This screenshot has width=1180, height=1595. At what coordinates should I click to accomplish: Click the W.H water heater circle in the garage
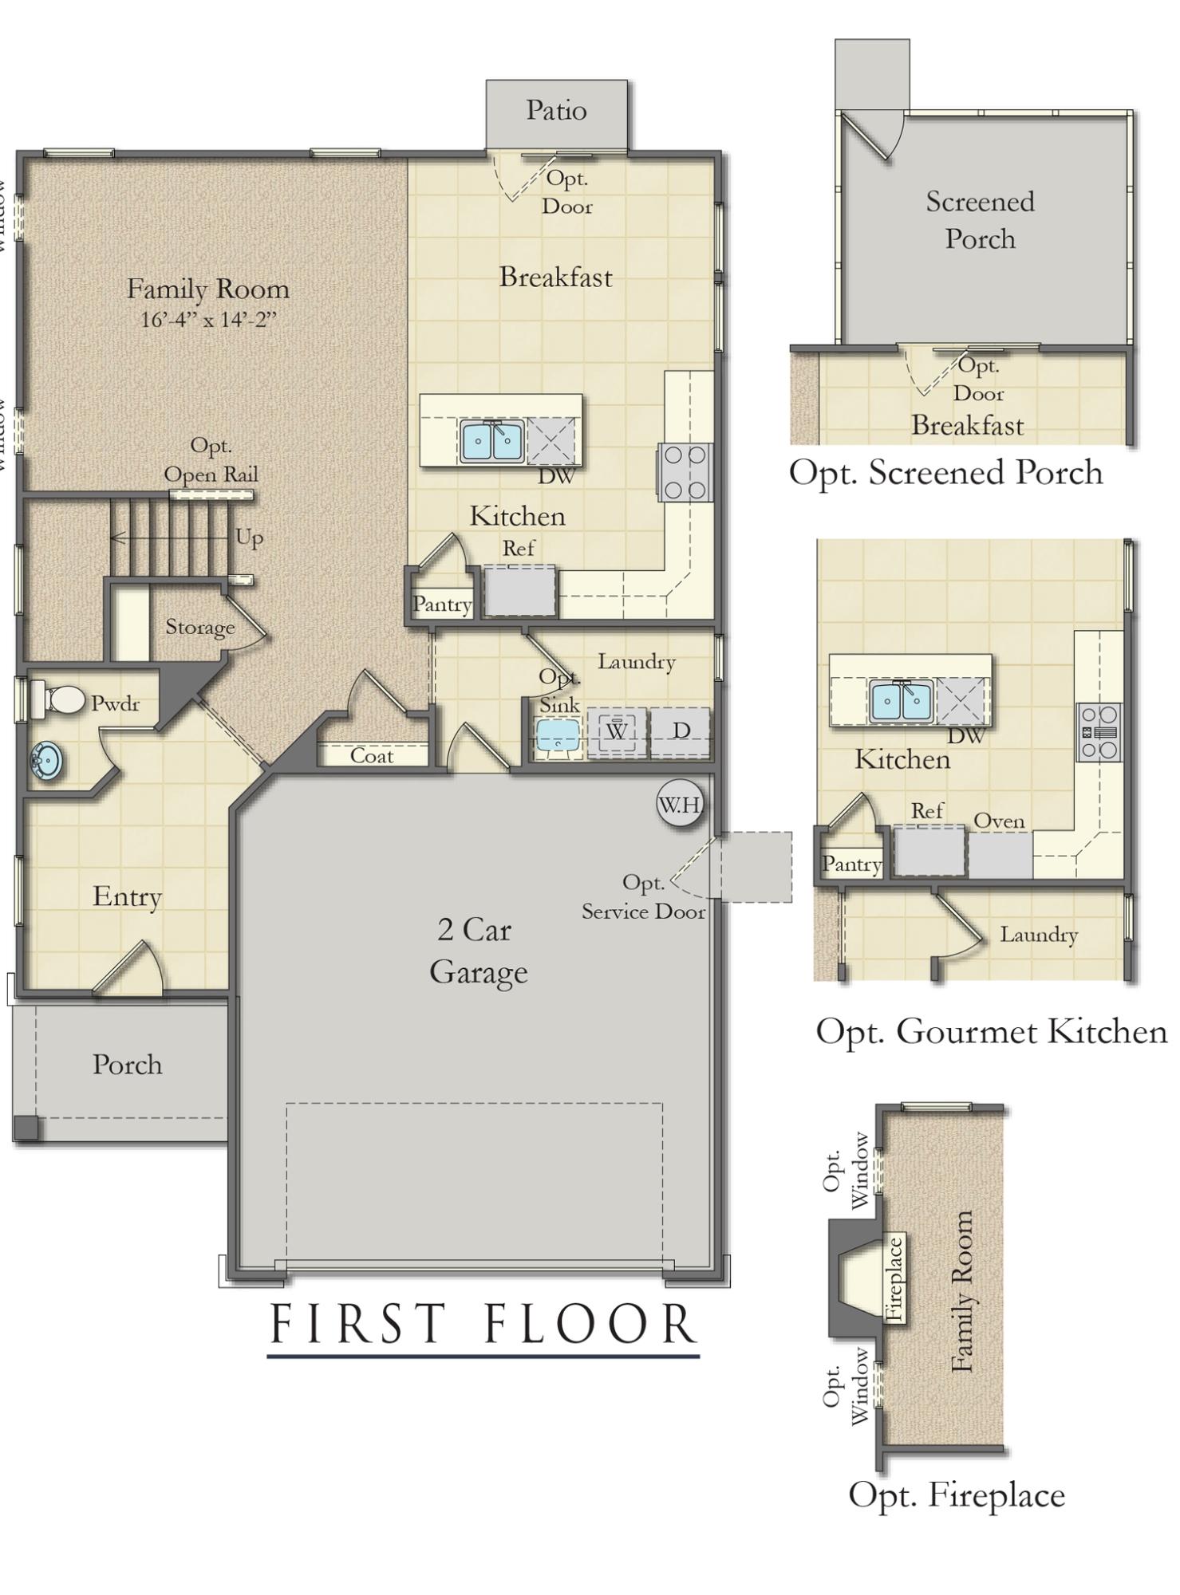[681, 804]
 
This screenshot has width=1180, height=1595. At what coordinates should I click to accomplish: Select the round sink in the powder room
[47, 762]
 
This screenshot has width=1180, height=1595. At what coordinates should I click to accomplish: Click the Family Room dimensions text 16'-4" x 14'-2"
[208, 320]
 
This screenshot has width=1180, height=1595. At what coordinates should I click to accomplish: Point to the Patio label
[556, 110]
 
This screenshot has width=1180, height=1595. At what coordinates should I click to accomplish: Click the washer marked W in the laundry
[617, 731]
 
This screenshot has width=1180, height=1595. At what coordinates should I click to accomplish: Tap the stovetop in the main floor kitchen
[685, 472]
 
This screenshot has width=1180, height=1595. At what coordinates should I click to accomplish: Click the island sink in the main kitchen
[491, 441]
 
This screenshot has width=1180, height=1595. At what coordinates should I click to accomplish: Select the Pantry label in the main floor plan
[442, 605]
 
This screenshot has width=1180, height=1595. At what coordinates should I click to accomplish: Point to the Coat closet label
[372, 755]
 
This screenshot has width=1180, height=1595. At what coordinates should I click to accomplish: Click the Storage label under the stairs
[200, 628]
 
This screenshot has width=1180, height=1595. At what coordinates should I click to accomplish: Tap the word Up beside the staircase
[249, 538]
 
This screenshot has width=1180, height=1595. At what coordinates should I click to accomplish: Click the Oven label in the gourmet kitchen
[1000, 821]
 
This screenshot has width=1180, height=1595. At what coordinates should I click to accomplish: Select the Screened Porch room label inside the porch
[981, 220]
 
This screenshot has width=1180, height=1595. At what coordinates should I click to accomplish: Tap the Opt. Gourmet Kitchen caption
[991, 1031]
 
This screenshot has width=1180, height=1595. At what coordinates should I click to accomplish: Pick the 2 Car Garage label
[477, 951]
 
